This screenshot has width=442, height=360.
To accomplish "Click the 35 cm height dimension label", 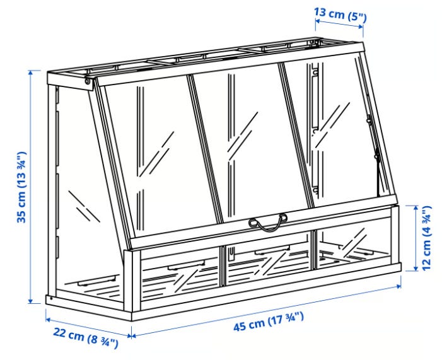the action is pyautogui.click(x=21, y=187).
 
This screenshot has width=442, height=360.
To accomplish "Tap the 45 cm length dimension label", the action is pyautogui.click(x=269, y=322).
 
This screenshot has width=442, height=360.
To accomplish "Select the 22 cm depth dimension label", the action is pyautogui.click(x=86, y=337).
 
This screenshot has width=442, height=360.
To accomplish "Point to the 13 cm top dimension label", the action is pyautogui.click(x=340, y=15).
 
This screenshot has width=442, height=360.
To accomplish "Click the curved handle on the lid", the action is pyautogui.click(x=268, y=222).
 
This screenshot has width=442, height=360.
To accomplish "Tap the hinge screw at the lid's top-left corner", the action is pyautogui.click(x=88, y=82).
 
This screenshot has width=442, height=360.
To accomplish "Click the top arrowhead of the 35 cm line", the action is pyautogui.click(x=31, y=72).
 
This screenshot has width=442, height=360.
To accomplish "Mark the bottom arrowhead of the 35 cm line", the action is pyautogui.click(x=31, y=301).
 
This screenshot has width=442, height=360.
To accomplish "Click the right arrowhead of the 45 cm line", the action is pyautogui.click(x=398, y=286).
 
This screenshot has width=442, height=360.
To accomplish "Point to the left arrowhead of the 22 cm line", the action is pyautogui.click(x=48, y=320).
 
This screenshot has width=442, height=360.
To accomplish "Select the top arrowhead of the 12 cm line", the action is pyautogui.click(x=416, y=208).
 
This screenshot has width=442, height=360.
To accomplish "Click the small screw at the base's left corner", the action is pyautogui.click(x=51, y=298).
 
